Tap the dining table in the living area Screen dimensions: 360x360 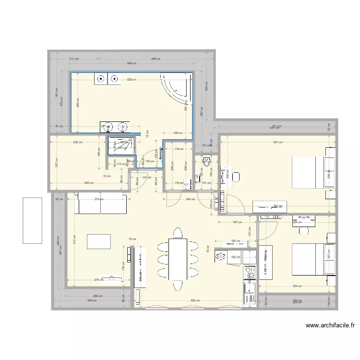178,259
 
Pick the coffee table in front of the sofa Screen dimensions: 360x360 98,241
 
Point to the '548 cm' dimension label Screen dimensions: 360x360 132,64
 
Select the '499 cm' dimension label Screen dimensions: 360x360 156,59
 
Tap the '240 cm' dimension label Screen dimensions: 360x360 190,199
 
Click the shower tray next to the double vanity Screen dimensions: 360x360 121,145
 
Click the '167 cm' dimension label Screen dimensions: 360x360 236,222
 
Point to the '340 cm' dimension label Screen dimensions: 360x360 88,183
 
